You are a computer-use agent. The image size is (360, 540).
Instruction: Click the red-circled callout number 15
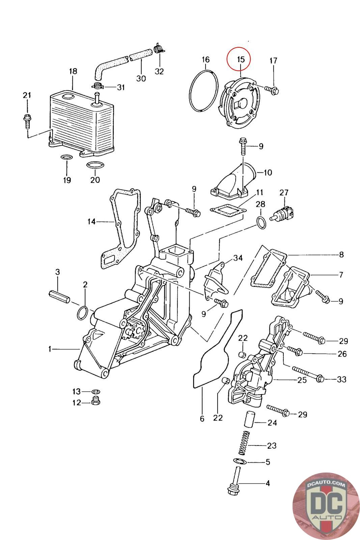click(241, 59)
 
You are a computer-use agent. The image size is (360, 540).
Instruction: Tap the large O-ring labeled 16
click(204, 91)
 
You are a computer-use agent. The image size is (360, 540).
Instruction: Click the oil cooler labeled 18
click(81, 123)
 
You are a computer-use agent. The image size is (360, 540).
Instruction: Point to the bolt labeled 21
click(27, 122)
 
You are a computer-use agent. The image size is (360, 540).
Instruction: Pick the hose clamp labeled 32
click(159, 49)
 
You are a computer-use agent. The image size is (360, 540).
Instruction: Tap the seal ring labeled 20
click(95, 165)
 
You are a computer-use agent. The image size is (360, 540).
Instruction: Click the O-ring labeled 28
click(261, 223)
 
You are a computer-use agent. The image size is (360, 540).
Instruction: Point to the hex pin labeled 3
click(59, 296)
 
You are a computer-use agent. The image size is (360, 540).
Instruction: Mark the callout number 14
click(91, 221)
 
